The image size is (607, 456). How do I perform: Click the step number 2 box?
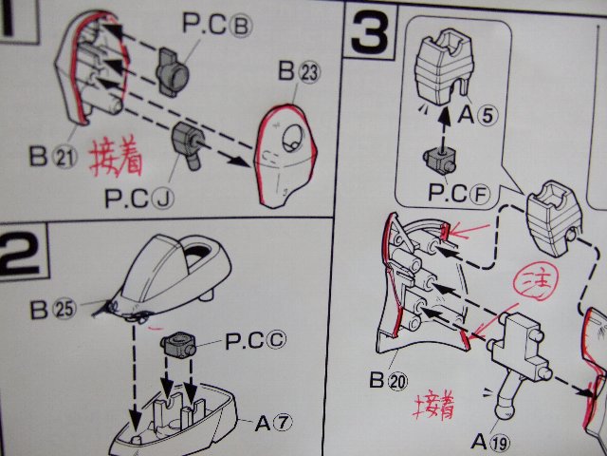[23, 251]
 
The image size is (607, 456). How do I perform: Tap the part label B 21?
[53, 157]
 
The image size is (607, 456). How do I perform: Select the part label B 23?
[300, 71]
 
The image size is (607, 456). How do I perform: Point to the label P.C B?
[217, 24]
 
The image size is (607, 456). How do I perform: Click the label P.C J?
[139, 199]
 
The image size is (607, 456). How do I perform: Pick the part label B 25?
[53, 310]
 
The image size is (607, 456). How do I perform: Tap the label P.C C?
[256, 340]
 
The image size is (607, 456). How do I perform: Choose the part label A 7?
[273, 423]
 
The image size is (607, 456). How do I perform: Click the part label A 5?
[478, 115]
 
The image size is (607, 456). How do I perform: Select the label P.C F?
[459, 193]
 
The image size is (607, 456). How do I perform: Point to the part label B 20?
[389, 380]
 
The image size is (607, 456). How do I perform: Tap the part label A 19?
[491, 441]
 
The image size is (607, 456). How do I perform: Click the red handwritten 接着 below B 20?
[434, 406]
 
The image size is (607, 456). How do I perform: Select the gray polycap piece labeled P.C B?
[173, 71]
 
